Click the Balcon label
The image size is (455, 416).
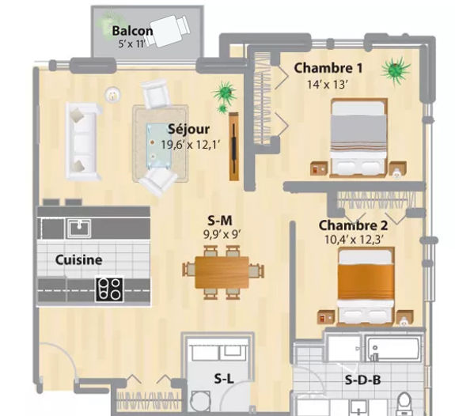pyautogui.click(x=132, y=31)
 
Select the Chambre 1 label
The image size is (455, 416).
pyautogui.click(x=328, y=68)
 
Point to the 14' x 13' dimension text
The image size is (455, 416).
pyautogui.click(x=327, y=85)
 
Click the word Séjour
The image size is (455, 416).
pyautogui.click(x=188, y=130)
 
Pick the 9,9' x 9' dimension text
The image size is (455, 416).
pyautogui.click(x=222, y=234)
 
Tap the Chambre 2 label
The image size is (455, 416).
pyautogui.click(x=353, y=225)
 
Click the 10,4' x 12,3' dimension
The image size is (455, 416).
pyautogui.click(x=354, y=240)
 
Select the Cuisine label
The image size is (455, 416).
pyautogui.click(x=78, y=259)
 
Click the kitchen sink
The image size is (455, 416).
pyautogui.click(x=79, y=228)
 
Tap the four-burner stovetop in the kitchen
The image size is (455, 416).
pyautogui.click(x=109, y=289)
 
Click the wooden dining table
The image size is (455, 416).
pyautogui.click(x=222, y=272)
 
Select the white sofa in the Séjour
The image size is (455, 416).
pyautogui.click(x=83, y=141)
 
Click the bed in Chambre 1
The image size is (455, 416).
pyautogui.click(x=359, y=137)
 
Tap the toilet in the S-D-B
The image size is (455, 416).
pyautogui.click(x=405, y=404)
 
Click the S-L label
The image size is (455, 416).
pyautogui.click(x=224, y=379)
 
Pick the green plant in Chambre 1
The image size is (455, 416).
pyautogui.click(x=395, y=70)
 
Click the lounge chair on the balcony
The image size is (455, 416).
pyautogui.click(x=169, y=30)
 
